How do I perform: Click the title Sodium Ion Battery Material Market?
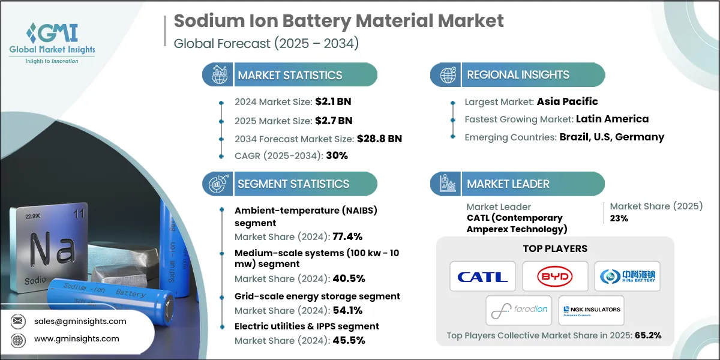(x=338, y=21)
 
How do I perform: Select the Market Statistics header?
(x=290, y=75)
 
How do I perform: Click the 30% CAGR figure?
(x=336, y=155)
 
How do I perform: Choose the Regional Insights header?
(x=518, y=75)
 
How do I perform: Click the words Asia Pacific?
(x=567, y=101)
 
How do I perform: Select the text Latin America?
(x=612, y=119)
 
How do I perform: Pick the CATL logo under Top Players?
(x=482, y=277)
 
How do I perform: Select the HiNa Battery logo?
(x=627, y=277)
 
